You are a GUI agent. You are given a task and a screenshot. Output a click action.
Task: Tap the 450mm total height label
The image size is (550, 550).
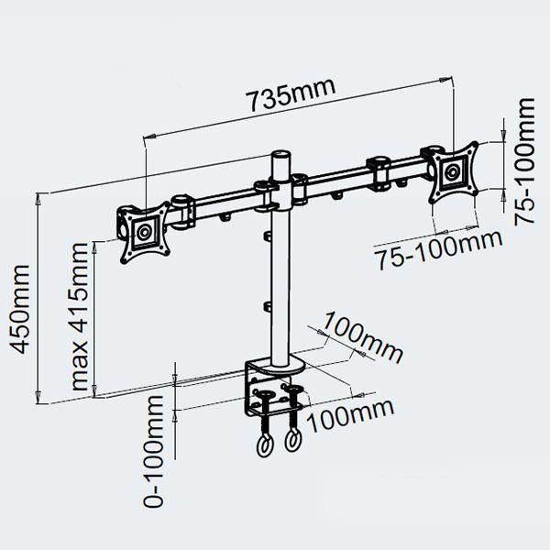point(19,309)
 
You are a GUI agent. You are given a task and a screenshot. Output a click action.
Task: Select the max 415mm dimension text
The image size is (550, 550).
point(79,316)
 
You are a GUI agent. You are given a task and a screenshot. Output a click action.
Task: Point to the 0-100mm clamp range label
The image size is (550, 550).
point(154,451)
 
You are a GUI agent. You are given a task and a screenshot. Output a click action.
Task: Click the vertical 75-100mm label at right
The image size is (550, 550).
point(524,161)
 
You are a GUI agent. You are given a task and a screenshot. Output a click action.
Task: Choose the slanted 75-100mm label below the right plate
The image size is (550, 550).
point(438,248)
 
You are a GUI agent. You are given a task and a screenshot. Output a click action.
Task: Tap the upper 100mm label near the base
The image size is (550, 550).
point(362,338)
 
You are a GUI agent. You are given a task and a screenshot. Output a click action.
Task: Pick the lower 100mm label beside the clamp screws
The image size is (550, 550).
point(350,415)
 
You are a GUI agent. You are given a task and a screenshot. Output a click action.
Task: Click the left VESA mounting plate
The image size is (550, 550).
point(145,232)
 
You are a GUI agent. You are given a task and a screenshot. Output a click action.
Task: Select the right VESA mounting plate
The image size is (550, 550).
point(455,172)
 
